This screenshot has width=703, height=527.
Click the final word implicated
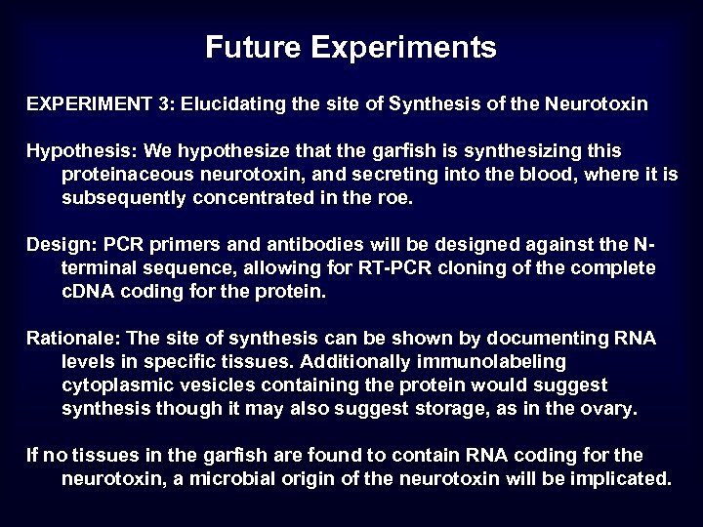coord(624,478)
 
